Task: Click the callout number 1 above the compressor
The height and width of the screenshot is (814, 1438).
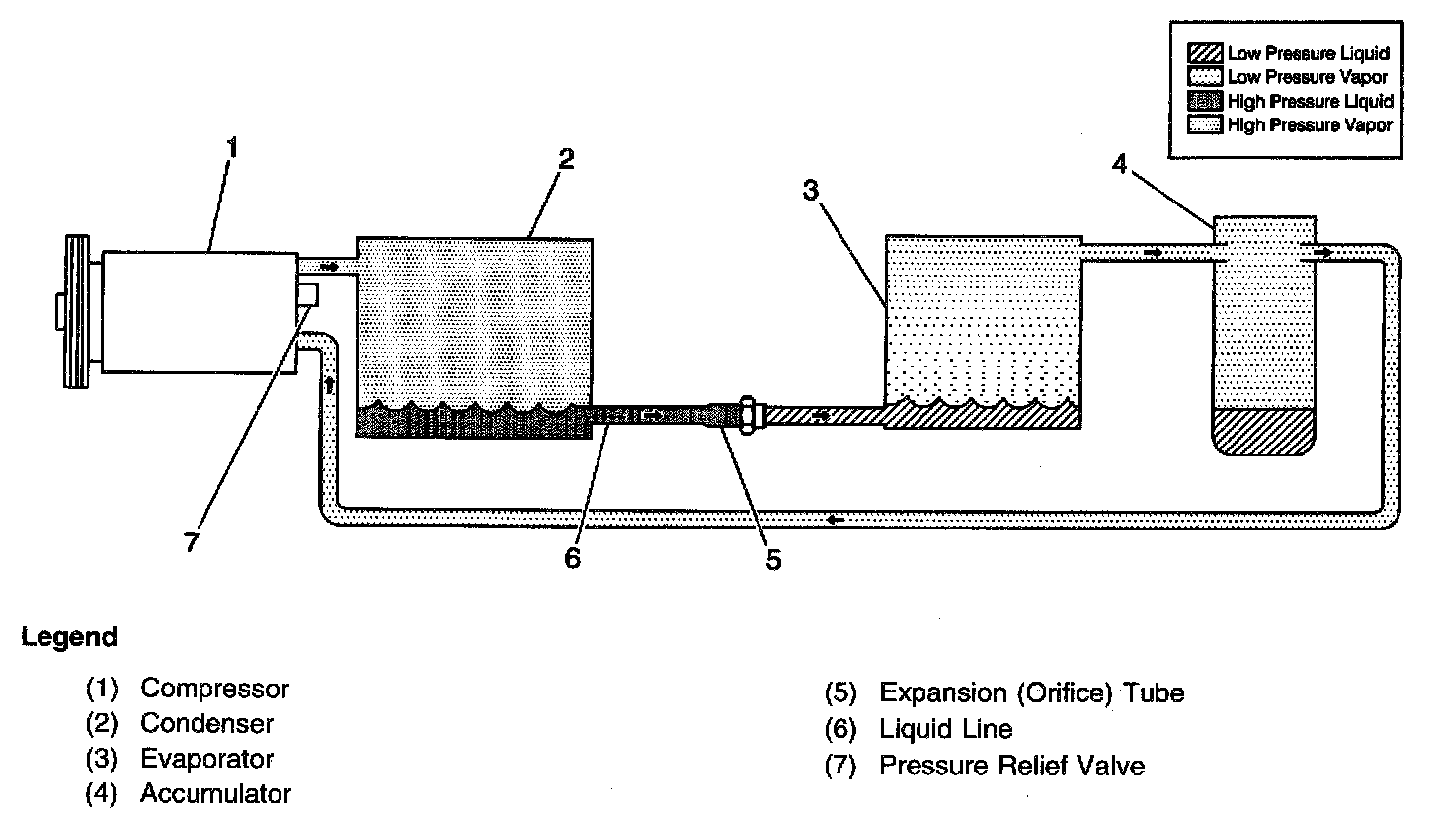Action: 232,149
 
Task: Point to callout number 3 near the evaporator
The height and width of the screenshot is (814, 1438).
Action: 810,191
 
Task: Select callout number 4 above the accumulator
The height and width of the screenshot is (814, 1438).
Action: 1118,164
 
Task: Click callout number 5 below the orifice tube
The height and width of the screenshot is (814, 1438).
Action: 773,559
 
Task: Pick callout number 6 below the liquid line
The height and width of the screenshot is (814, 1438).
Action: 573,557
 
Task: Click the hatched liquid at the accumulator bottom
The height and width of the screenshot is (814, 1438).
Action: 1263,431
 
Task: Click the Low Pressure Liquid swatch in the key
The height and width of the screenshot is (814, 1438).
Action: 1205,53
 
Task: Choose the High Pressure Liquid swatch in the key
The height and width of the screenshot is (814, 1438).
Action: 1205,101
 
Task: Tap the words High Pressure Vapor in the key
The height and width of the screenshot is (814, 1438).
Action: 1309,124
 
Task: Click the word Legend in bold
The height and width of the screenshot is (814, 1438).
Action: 68,637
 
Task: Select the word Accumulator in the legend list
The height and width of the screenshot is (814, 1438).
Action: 215,793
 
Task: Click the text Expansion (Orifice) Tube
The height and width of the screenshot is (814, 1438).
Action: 1031,692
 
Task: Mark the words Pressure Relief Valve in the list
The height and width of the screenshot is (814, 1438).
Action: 1011,766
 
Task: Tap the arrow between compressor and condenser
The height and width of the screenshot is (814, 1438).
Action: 330,267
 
